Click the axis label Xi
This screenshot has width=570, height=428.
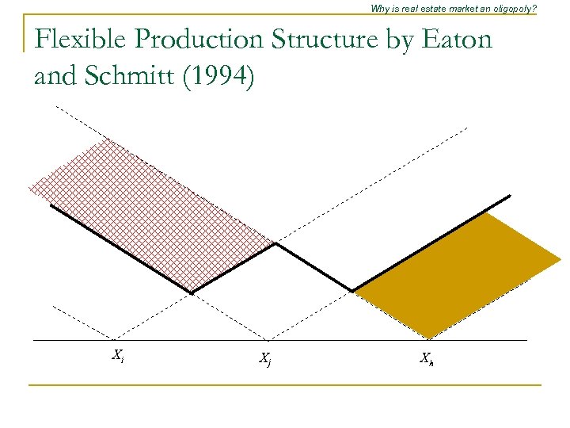point(117,355)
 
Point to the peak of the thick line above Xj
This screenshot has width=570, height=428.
point(275,244)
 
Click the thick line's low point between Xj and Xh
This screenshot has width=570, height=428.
point(352,291)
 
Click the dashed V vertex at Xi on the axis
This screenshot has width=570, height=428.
point(117,339)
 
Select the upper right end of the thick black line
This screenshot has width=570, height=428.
point(510,196)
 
